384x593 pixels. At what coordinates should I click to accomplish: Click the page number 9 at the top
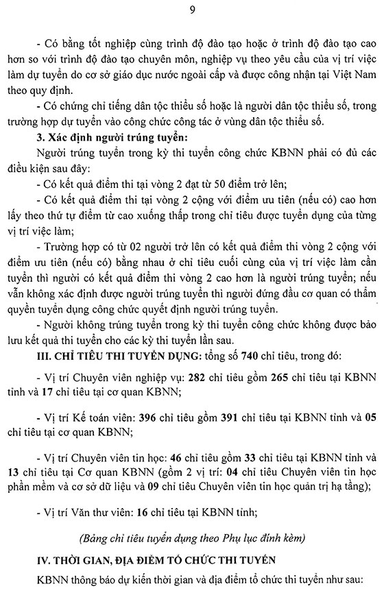(x=191, y=9)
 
